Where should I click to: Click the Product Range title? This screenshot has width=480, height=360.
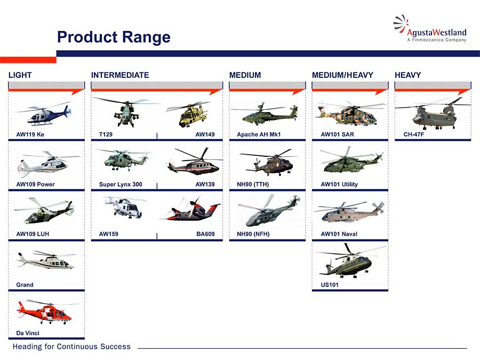point(114,37)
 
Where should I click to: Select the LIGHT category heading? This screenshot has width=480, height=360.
point(20,75)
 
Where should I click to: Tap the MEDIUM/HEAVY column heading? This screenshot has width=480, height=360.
point(342,75)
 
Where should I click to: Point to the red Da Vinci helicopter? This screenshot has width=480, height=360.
point(44,312)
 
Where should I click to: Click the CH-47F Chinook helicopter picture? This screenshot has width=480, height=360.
point(433,113)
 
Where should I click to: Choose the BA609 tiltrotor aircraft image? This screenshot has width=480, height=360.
point(190,210)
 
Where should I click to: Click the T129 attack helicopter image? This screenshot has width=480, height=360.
point(125,111)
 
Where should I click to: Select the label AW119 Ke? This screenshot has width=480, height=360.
point(30,134)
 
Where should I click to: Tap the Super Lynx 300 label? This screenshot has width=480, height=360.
point(121,185)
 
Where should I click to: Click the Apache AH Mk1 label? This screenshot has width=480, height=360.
point(259,134)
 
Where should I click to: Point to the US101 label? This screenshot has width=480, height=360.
point(330,285)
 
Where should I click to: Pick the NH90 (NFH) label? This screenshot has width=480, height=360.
point(253,234)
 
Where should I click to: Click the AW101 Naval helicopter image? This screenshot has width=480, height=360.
point(349,212)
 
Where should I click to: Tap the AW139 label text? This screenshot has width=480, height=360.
point(205,185)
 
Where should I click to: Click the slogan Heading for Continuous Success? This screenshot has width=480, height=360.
point(71,347)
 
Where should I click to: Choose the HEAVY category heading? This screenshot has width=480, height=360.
point(408,75)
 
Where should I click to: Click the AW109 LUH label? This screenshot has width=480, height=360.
point(33,234)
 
